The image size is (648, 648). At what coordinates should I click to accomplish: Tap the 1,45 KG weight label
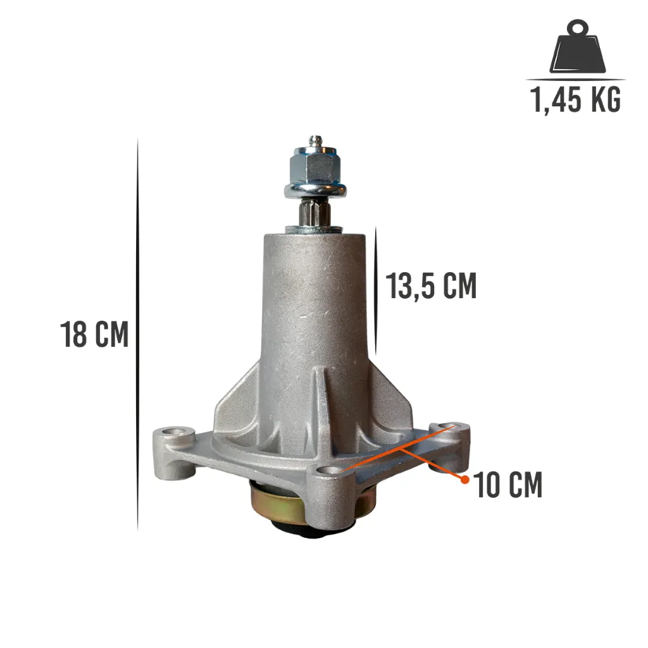tap(576, 99)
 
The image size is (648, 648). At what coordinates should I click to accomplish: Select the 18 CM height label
tap(95, 334)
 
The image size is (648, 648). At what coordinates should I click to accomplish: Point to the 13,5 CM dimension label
tap(431, 285)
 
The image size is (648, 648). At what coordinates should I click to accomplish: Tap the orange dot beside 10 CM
tap(465, 480)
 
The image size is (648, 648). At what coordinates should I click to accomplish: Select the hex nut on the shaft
tap(315, 165)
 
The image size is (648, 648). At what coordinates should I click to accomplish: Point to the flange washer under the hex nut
tap(315, 190)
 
